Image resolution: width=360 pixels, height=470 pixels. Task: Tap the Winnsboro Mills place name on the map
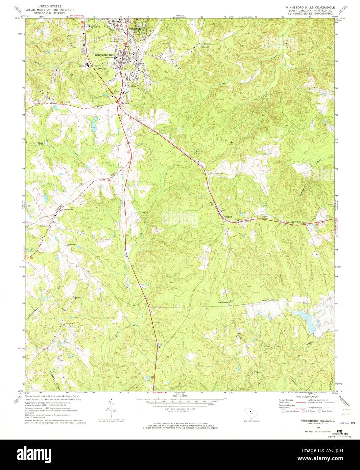(x=105, y=55)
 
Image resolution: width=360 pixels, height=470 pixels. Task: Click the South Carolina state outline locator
(x=251, y=414)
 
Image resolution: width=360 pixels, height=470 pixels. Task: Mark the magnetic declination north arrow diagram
(x=111, y=408)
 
